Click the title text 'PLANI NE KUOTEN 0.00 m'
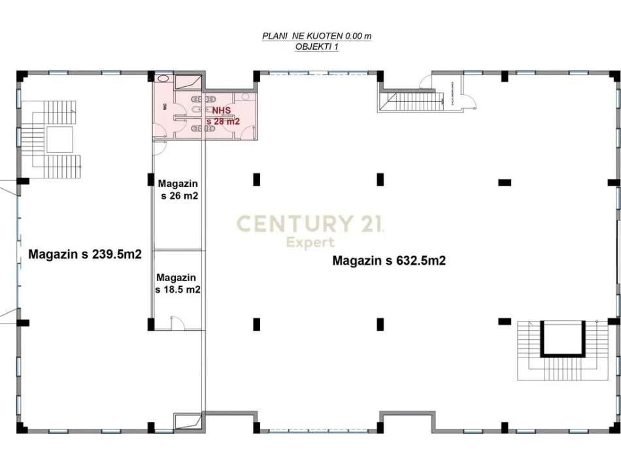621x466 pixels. tap(316, 37)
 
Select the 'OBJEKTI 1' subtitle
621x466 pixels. tap(316, 47)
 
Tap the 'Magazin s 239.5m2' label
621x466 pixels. tap(85, 254)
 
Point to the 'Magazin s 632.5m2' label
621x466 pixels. tap(389, 261)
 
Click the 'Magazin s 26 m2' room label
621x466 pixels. tap(177, 190)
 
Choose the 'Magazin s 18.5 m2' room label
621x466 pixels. tap(177, 283)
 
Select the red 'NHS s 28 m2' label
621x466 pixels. tap(223, 116)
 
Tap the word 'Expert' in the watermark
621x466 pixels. tap(310, 242)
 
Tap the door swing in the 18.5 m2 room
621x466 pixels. tap(175, 322)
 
